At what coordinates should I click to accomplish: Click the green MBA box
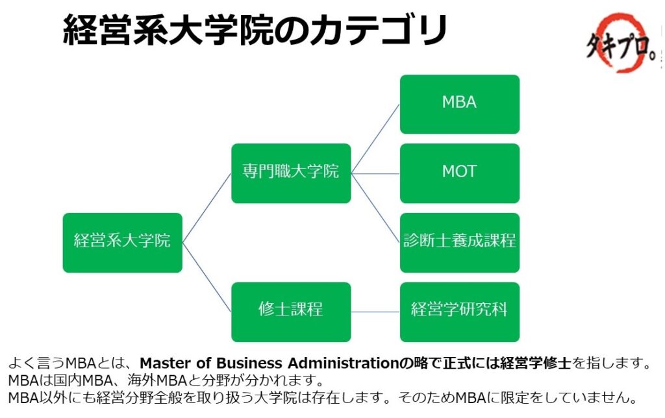point(460,104)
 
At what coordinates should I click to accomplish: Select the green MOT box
point(460,173)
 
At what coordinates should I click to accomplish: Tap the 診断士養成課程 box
point(460,243)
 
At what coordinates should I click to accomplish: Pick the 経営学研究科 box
point(460,312)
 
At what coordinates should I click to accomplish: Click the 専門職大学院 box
point(291,173)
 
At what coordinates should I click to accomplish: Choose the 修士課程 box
point(291,312)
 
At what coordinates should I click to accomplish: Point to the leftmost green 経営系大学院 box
point(123,243)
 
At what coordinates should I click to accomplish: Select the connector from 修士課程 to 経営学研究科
point(375,312)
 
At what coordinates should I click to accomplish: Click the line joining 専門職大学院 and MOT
point(375,173)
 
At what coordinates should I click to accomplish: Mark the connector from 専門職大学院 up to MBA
point(375,139)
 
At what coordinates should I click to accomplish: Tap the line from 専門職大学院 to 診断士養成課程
point(375,208)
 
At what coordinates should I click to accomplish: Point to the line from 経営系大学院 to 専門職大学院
point(207,208)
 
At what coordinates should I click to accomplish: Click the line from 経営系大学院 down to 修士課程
point(207,277)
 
